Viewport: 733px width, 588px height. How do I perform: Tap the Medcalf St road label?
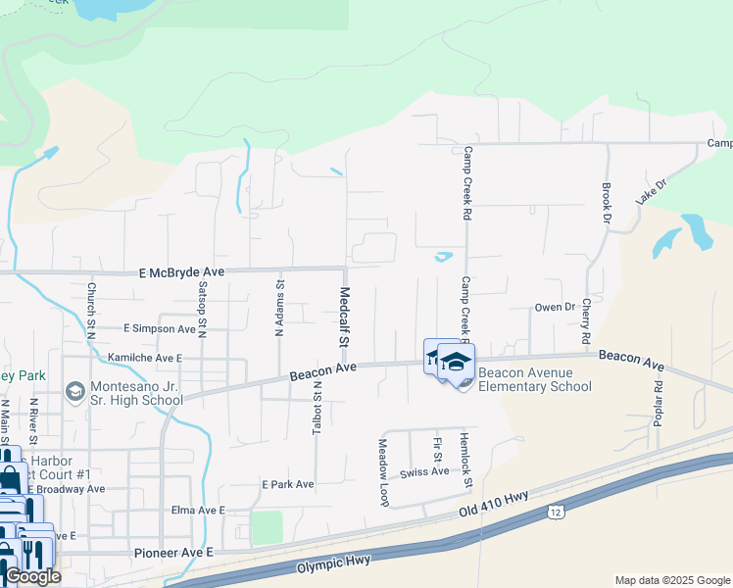[344, 318]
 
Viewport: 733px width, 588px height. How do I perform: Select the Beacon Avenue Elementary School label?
[536, 379]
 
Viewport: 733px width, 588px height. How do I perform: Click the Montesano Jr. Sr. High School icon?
[74, 392]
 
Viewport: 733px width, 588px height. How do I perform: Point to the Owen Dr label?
[555, 307]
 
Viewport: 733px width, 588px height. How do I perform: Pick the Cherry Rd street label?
[586, 320]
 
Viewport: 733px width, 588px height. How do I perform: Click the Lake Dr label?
[650, 190]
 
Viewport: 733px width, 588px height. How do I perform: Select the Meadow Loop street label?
[383, 471]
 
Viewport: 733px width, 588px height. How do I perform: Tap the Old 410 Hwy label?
[494, 507]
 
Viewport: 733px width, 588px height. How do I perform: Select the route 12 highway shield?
[556, 512]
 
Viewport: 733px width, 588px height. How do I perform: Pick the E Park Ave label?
[287, 484]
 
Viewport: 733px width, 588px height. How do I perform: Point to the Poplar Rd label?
[658, 401]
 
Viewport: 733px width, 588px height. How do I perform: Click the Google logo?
[32, 576]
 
